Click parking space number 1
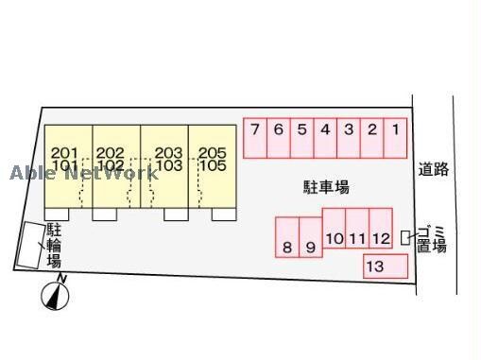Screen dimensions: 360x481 396,137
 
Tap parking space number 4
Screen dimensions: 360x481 325,137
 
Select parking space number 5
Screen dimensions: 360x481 301,137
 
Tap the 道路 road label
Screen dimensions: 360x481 434,170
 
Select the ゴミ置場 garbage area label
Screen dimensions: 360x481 433,238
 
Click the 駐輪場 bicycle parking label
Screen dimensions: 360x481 54,244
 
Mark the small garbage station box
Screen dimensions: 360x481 406,238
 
